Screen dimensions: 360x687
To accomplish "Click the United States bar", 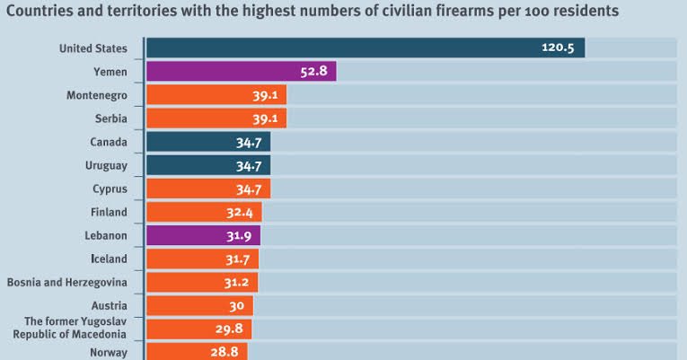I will coord(365,48).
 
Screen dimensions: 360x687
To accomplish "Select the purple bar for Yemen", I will coord(241,71).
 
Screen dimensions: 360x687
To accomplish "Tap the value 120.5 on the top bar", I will coord(557,48).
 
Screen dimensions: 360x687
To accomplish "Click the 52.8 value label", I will coord(313,71).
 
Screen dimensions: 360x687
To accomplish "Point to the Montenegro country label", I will coord(96,95).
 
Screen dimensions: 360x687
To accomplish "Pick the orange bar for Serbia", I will coord(216,119).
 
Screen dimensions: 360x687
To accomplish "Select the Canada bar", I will coord(207,142).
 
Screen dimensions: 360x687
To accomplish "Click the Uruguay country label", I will coord(107,165).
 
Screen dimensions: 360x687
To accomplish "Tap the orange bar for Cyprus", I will coord(207,189).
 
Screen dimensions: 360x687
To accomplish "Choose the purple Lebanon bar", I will coord(203,235).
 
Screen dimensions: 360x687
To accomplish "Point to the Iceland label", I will coord(109,259).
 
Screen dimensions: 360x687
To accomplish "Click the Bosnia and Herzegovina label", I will coord(66,282).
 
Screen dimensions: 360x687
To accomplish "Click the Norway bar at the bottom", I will coord(196,351).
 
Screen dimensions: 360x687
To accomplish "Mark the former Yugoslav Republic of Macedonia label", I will coord(70,328).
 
